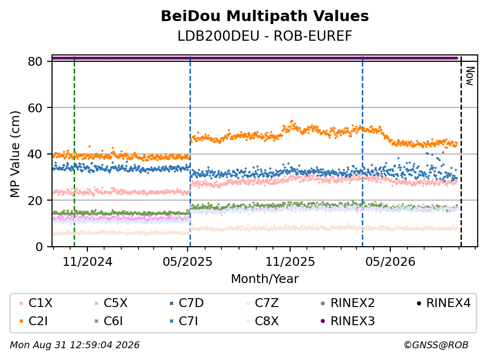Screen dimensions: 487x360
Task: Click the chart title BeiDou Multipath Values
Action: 265,16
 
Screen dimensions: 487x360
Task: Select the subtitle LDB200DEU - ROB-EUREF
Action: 265,36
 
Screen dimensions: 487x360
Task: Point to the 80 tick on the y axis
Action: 35,61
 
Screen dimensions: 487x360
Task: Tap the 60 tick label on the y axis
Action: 35,108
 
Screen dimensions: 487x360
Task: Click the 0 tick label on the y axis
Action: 39,247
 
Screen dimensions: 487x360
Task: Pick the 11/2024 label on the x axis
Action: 87,262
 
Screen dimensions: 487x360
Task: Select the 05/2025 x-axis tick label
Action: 187,262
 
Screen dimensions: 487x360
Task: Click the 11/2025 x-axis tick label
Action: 290,262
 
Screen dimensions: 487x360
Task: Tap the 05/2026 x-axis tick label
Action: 390,262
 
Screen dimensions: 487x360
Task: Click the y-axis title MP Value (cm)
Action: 15,154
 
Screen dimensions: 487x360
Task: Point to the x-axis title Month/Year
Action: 265,279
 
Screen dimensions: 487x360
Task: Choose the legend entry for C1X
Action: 36,303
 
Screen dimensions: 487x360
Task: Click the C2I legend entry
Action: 33,321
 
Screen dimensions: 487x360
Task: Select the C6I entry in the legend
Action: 108,321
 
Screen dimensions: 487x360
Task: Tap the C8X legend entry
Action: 262,321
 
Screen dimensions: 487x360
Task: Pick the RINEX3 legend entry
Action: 348,321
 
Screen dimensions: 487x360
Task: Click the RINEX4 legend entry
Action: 443,303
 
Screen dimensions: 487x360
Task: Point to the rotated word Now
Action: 470,77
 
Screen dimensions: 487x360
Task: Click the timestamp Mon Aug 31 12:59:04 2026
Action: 75,345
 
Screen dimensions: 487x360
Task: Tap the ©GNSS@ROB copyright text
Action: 436,345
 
